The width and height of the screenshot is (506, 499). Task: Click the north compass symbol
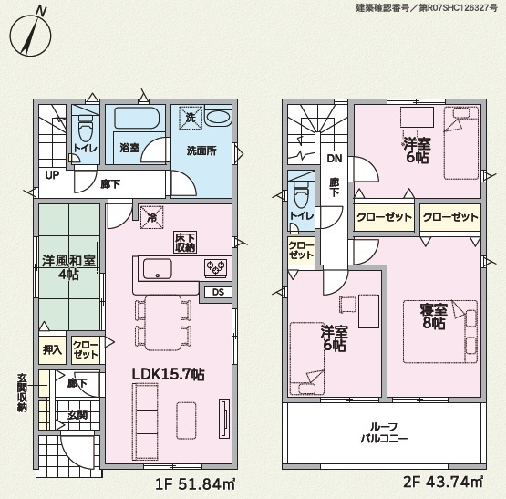click(30, 32)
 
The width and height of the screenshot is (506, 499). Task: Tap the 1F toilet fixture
click(86, 127)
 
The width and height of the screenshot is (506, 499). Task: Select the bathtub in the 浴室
click(136, 119)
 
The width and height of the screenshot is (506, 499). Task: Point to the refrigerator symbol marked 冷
click(151, 217)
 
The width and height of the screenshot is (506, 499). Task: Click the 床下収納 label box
click(185, 243)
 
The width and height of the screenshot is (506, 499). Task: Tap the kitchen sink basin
click(158, 268)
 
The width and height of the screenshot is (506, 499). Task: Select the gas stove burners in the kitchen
click(215, 268)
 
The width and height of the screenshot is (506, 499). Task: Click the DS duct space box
click(218, 292)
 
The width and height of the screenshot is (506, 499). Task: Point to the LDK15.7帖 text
click(168, 374)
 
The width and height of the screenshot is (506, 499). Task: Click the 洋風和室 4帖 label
click(68, 267)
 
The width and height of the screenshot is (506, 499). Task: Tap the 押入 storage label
click(52, 349)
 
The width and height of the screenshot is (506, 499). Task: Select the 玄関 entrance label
click(77, 415)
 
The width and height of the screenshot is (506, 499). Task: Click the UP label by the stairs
click(52, 175)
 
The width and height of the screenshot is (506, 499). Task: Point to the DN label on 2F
click(335, 159)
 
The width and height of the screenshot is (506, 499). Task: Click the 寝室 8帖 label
click(434, 317)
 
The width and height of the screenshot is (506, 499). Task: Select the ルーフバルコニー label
click(384, 433)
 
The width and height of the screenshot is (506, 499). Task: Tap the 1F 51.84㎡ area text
click(195, 483)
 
